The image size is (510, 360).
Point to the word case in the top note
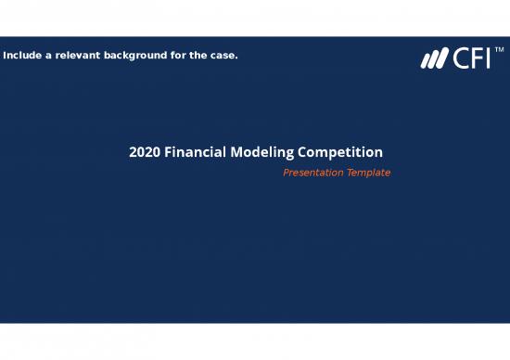point(223,56)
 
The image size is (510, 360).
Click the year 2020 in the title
point(145,152)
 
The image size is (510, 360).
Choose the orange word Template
point(368,173)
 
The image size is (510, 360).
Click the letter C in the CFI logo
point(460,59)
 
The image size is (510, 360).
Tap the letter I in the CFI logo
point(488,59)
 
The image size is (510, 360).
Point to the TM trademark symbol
point(499,50)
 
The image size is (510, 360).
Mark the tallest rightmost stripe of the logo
point(441,59)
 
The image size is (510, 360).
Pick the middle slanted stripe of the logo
point(433,60)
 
